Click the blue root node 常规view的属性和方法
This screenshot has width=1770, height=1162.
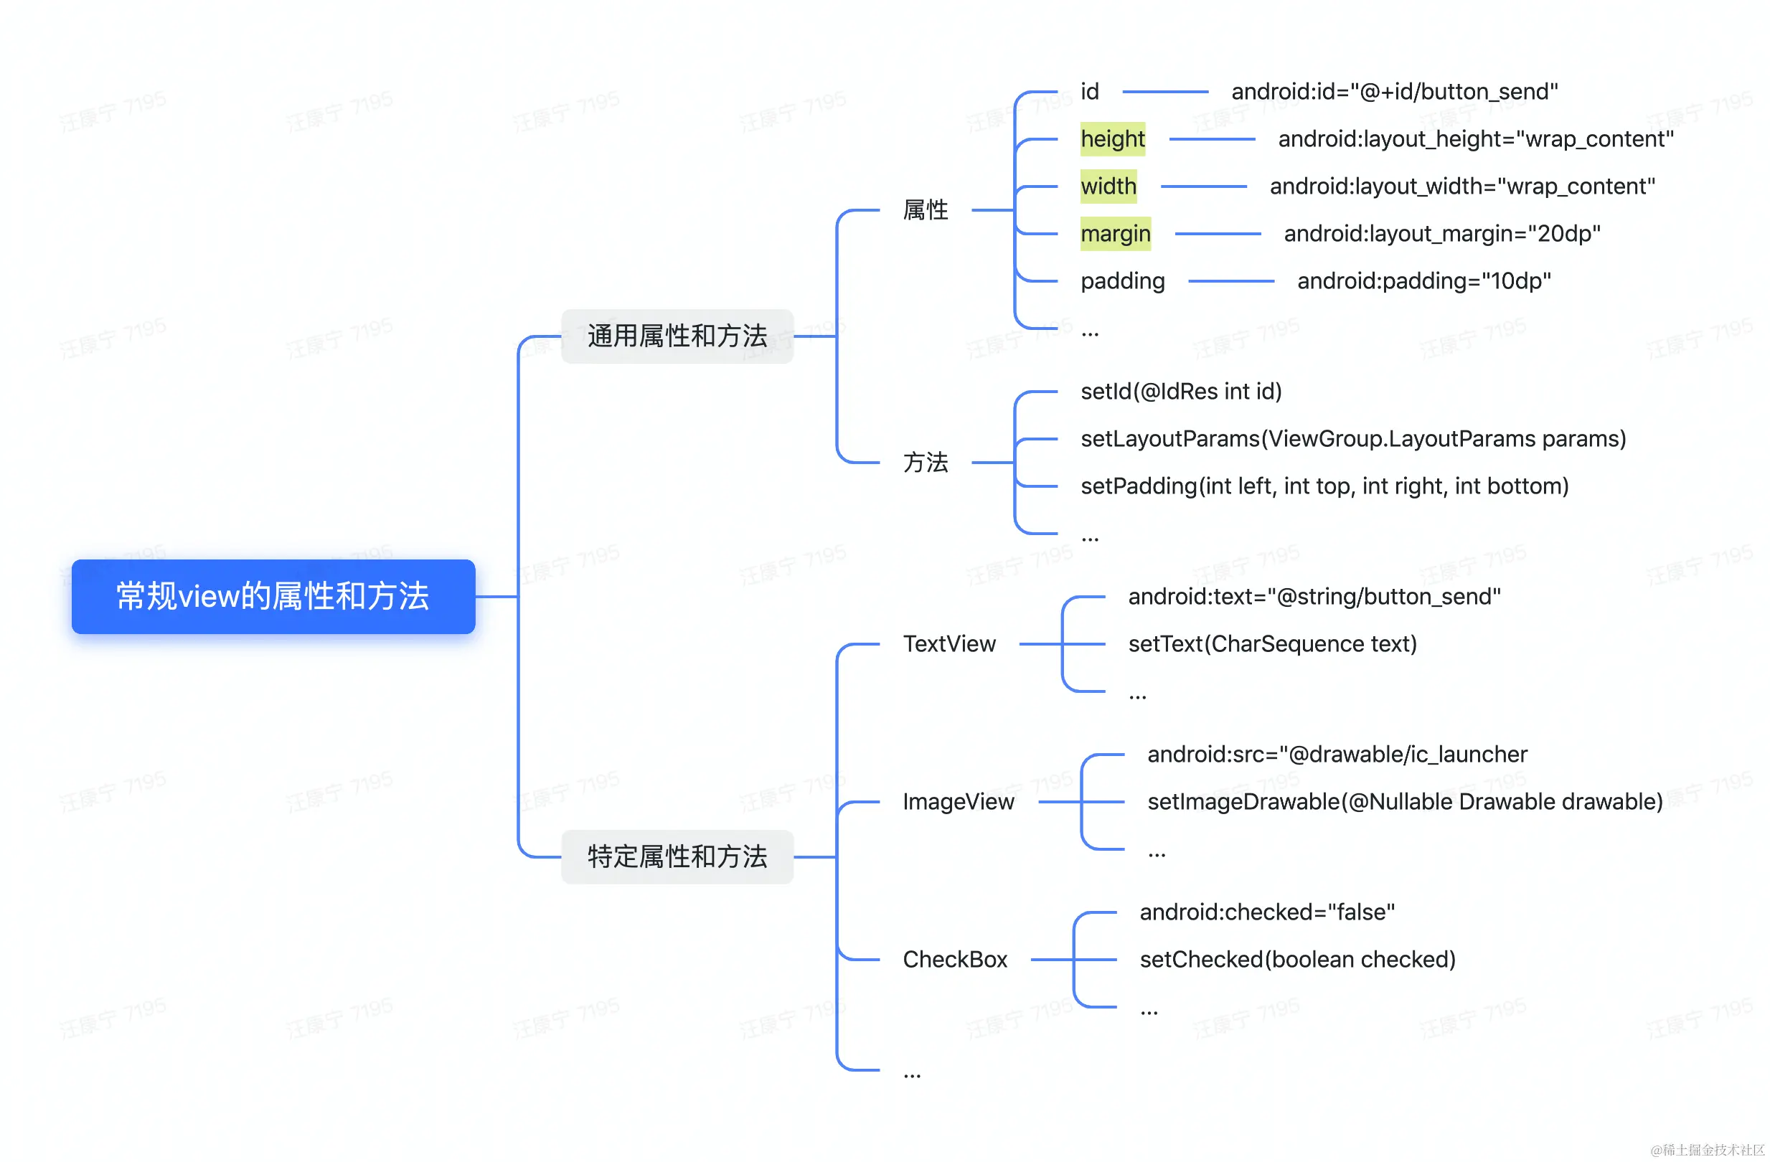(273, 596)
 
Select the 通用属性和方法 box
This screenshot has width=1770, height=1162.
(677, 336)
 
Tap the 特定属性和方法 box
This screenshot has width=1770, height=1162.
(677, 856)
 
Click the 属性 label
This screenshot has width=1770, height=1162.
(925, 210)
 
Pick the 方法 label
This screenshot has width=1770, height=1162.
(925, 463)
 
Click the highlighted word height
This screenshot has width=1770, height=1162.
(1113, 139)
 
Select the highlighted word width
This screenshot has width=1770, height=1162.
(1108, 186)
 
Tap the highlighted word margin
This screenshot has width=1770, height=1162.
(1116, 234)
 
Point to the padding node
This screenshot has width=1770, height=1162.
(1122, 281)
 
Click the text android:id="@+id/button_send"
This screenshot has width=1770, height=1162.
(1395, 91)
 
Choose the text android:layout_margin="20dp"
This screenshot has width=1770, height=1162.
(1442, 234)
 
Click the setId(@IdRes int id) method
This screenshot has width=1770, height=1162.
(1181, 392)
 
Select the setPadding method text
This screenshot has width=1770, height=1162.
(1324, 486)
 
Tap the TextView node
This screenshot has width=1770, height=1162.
(949, 644)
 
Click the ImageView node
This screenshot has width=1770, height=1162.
(958, 801)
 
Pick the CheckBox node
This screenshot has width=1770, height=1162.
(955, 960)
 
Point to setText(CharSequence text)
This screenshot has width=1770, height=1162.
(1273, 644)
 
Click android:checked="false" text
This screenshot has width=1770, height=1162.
(1267, 912)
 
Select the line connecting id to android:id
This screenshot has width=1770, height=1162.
(1164, 91)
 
